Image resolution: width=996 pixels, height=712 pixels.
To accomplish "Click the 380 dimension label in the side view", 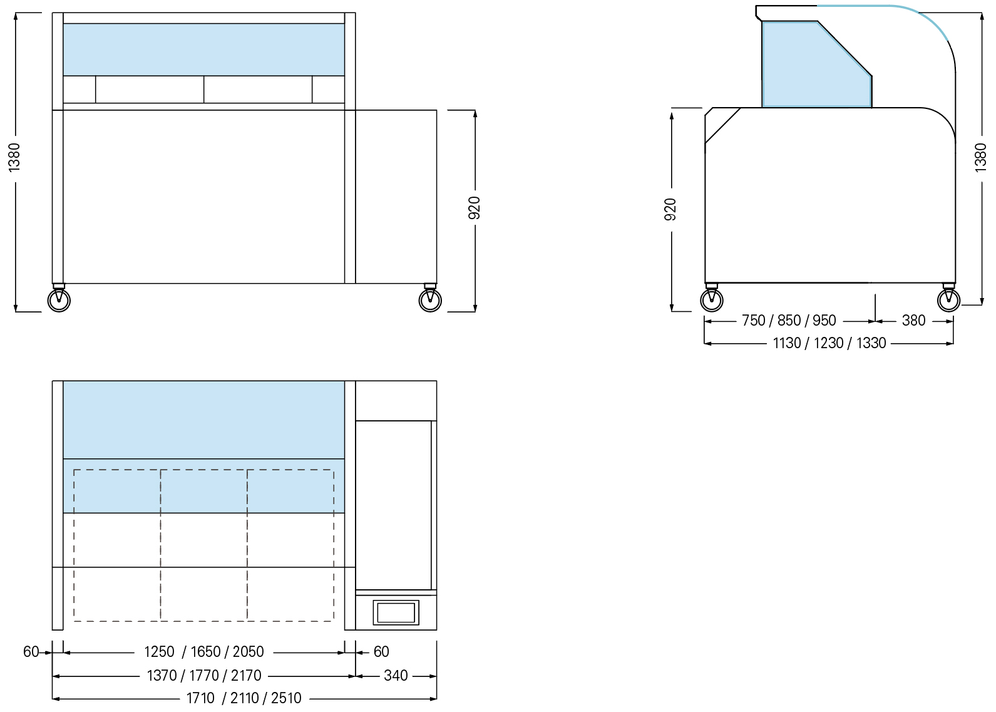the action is [913, 321].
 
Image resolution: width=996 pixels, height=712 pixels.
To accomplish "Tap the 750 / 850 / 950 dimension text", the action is [789, 321].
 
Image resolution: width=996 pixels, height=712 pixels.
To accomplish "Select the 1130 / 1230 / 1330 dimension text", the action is [829, 343].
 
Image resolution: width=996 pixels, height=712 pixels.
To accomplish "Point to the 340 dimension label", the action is [396, 676].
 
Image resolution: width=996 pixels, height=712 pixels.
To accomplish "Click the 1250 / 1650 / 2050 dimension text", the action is [204, 652].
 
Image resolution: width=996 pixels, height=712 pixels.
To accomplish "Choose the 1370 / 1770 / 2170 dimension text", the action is [204, 676].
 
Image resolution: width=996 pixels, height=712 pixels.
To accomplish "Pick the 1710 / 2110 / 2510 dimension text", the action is [244, 698].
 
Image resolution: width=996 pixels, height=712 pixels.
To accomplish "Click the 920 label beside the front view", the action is [475, 208].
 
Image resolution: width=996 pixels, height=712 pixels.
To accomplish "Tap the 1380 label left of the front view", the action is [14, 157].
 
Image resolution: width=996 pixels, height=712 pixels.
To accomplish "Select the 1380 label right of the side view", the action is [980, 157].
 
